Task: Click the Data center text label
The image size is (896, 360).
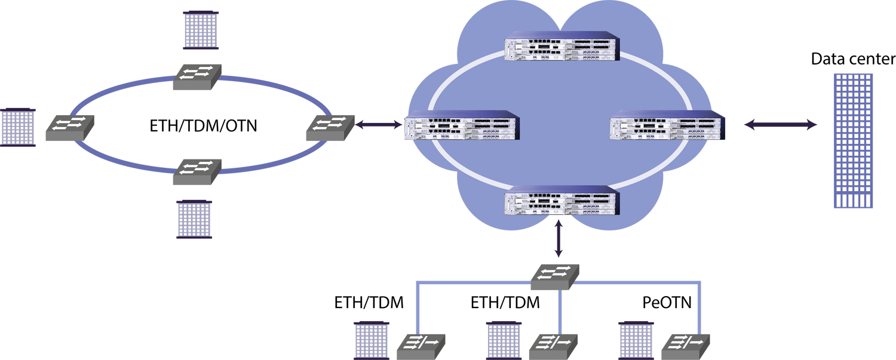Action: [853, 59]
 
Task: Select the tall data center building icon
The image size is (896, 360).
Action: [854, 141]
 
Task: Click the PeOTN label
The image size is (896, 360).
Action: [667, 303]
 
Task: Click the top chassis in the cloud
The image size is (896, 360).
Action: [561, 47]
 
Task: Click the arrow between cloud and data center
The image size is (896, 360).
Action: [781, 125]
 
